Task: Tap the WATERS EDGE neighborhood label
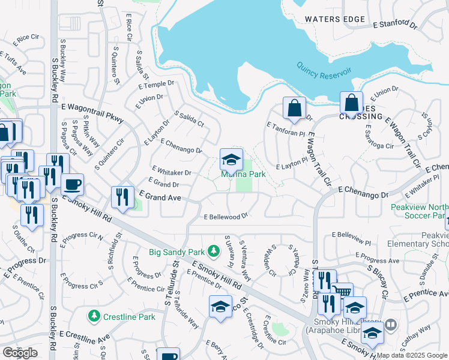pyautogui.click(x=335, y=19)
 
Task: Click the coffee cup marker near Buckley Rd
pyautogui.click(x=72, y=184)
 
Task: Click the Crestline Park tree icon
pyautogui.click(x=93, y=315)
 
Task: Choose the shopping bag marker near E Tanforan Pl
pyautogui.click(x=294, y=109)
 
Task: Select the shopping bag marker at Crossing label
pyautogui.click(x=351, y=103)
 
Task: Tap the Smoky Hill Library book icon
pyautogui.click(x=391, y=325)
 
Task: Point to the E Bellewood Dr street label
pyautogui.click(x=226, y=217)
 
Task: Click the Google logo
pyautogui.click(x=20, y=353)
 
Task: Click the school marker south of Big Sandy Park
pyautogui.click(x=220, y=307)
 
